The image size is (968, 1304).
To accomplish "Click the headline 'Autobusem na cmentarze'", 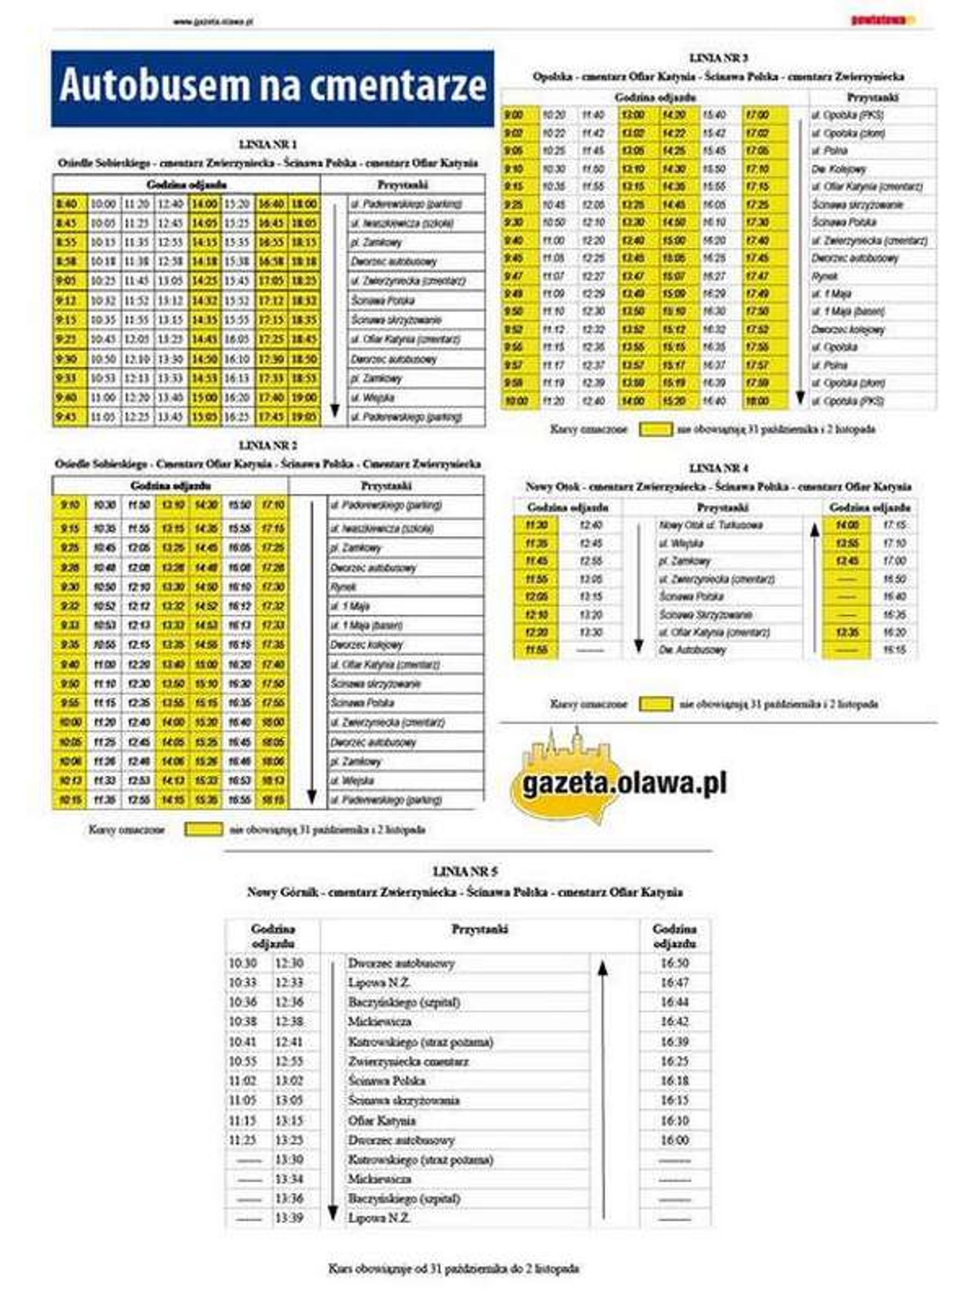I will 273,87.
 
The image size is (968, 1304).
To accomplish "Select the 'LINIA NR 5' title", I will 465,871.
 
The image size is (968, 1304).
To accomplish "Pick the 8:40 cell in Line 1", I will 66,204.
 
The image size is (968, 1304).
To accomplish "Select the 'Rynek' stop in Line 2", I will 344,587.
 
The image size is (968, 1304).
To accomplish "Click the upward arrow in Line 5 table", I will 603,1088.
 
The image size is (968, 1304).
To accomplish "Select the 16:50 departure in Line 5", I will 674,963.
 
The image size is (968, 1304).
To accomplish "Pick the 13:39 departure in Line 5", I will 289,1218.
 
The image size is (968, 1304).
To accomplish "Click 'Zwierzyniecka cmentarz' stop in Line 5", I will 408,1061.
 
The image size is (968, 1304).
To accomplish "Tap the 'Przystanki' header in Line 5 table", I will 480,929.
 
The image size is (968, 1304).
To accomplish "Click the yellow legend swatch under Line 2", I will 204,829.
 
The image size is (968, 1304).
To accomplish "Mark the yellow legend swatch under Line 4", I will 656,704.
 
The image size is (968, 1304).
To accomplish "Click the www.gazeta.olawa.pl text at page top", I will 213,21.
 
